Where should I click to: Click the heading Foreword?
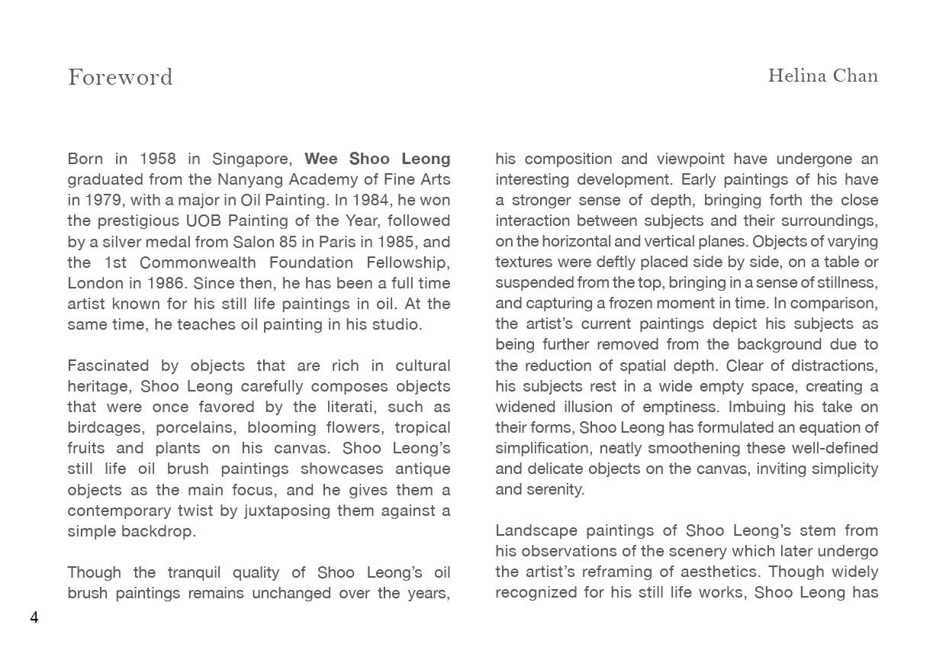pyautogui.click(x=121, y=77)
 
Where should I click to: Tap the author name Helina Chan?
pyautogui.click(x=822, y=76)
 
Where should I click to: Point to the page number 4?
pyautogui.click(x=34, y=617)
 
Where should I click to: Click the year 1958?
pyautogui.click(x=158, y=159)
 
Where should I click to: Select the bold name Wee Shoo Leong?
pyautogui.click(x=377, y=159)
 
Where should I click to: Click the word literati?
pyautogui.click(x=354, y=407)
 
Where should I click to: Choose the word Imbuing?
pyautogui.click(x=764, y=407)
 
